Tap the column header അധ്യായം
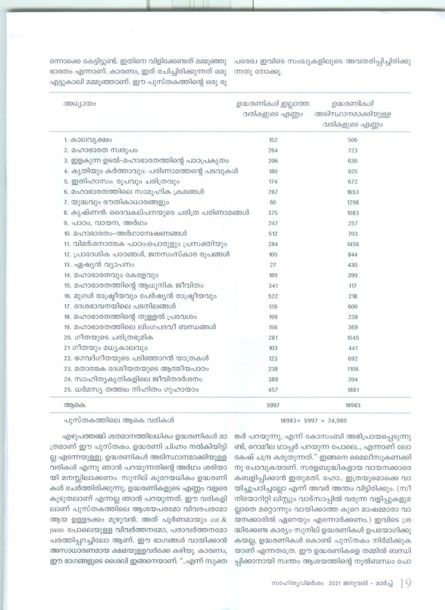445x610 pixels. point(77,103)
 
